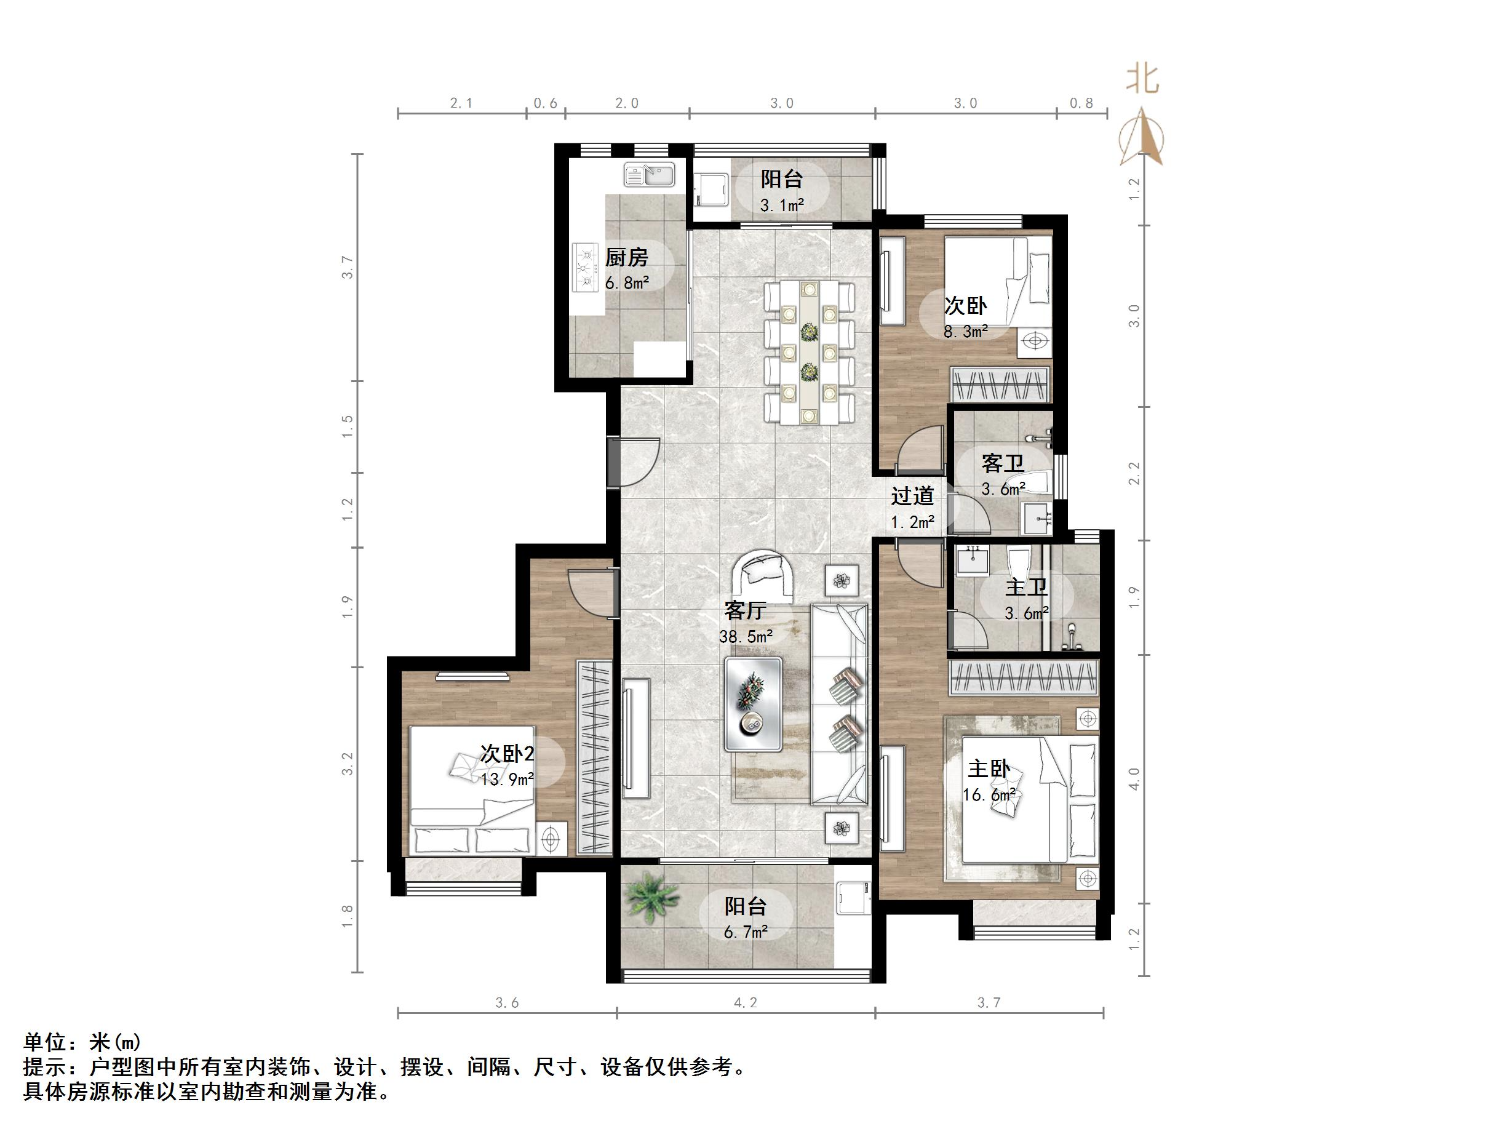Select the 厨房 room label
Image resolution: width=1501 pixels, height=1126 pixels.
click(x=626, y=257)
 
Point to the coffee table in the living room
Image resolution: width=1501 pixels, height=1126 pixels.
click(x=753, y=703)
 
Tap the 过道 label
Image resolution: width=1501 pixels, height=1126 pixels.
click(x=912, y=495)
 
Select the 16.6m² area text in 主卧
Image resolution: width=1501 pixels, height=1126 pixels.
click(x=989, y=794)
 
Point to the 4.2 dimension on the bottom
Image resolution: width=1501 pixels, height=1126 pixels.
click(x=745, y=1002)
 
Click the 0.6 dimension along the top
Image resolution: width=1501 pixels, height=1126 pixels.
click(x=545, y=103)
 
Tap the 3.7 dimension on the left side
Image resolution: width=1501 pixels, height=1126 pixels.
click(x=348, y=267)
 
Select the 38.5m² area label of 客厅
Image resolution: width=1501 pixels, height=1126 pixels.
click(x=746, y=637)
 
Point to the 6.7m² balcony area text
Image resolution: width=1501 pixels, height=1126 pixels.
click(x=745, y=932)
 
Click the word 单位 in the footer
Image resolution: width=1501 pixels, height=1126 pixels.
click(x=45, y=1041)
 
